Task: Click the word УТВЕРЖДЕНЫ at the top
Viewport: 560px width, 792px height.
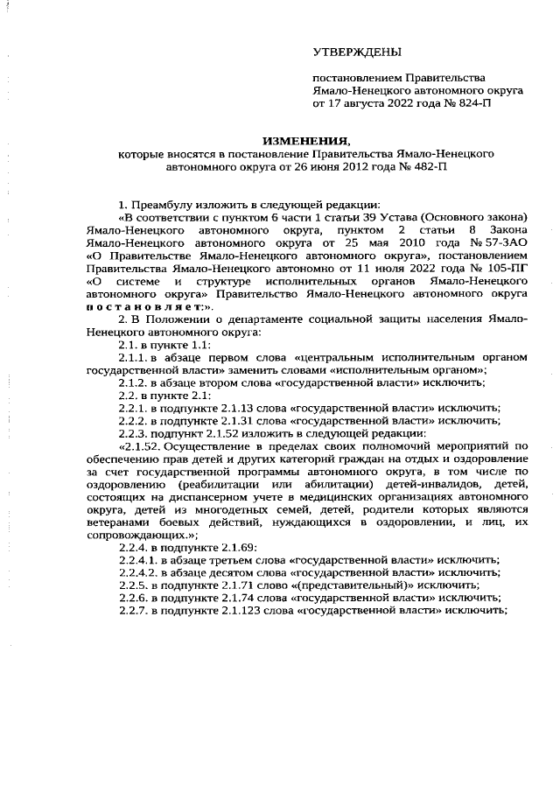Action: click(359, 53)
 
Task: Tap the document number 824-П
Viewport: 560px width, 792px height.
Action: click(472, 102)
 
